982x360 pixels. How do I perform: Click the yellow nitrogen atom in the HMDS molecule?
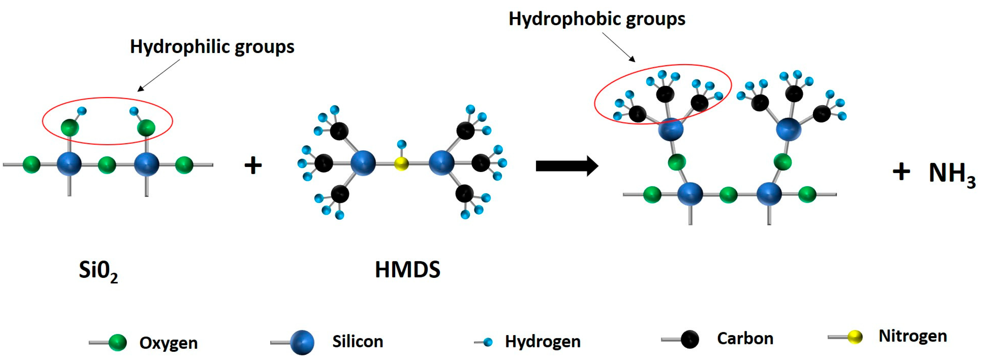point(401,164)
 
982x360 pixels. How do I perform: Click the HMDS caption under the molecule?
point(407,270)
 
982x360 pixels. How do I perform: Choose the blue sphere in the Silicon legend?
point(302,342)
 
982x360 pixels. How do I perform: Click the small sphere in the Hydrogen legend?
point(488,342)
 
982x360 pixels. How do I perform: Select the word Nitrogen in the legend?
point(913,336)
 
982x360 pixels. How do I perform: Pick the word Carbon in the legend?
point(745,339)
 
